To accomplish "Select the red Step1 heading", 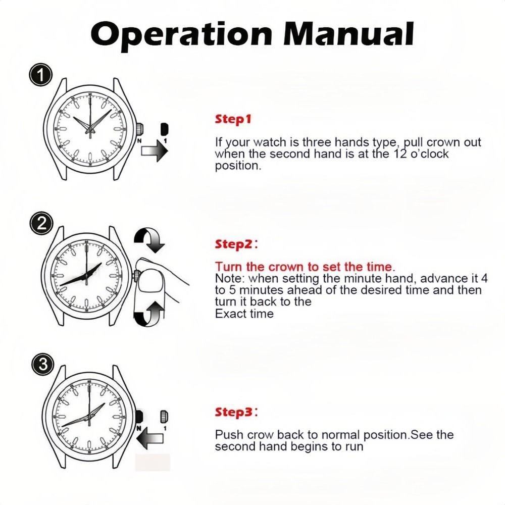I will pos(233,120).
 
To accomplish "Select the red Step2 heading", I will pos(234,244).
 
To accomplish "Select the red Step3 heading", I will pos(234,412).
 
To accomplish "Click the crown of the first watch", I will pos(138,129).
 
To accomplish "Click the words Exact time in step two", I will pos(244,314).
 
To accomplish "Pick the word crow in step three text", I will pos(257,435).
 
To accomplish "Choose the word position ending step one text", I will pos(238,166).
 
